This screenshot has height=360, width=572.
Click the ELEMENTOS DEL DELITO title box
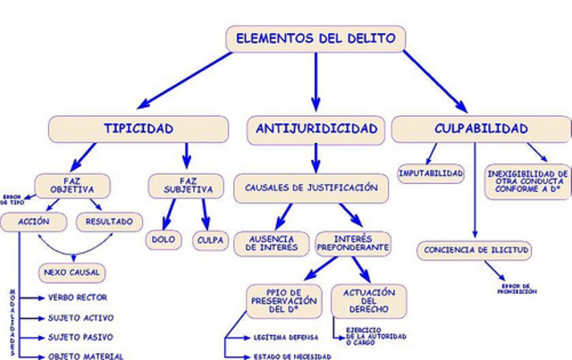tap(315, 38)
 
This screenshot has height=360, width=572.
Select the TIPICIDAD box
tap(138, 130)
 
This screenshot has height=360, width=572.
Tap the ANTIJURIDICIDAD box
tap(315, 130)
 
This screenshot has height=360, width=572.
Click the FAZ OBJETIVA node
tap(72, 186)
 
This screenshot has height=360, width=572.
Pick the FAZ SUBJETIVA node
tap(186, 186)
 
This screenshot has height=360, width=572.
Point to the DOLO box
tap(163, 239)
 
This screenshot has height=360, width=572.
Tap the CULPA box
tap(211, 239)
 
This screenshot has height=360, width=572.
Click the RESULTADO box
tap(109, 221)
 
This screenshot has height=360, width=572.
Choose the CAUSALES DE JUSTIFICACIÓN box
tap(312, 188)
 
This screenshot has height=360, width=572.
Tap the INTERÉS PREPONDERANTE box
tap(353, 243)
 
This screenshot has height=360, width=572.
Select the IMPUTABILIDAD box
tap(431, 172)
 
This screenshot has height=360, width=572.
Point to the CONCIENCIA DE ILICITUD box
tap(474, 249)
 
